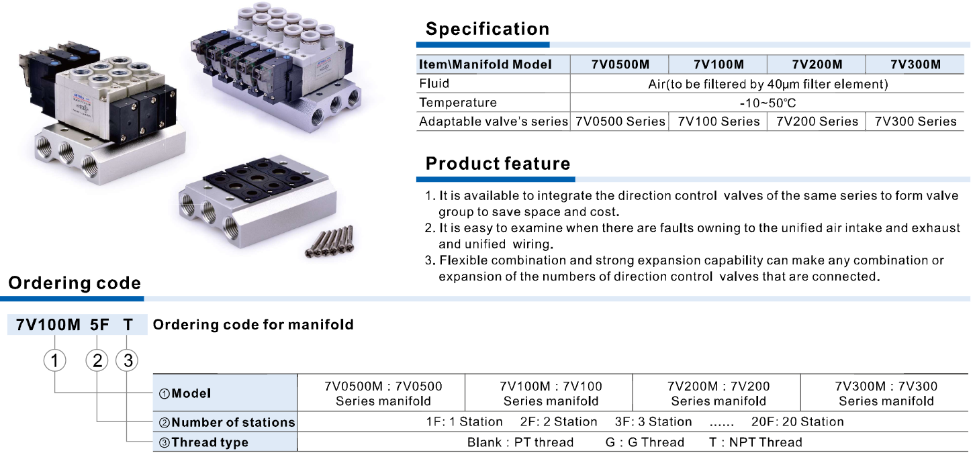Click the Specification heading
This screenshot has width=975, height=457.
tap(487, 29)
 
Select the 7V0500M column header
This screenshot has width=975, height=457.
tap(620, 64)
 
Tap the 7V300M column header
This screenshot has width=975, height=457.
tap(915, 64)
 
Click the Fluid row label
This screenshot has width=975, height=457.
tap(434, 83)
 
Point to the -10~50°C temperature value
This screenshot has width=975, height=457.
tap(768, 103)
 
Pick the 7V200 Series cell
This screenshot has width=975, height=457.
tap(817, 121)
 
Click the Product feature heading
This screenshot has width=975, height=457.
tap(498, 164)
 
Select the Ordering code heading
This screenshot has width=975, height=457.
tap(75, 283)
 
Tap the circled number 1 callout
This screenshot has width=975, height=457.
tap(55, 360)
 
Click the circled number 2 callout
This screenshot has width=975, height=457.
tap(97, 360)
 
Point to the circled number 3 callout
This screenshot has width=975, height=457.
tap(127, 360)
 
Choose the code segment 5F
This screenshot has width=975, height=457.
tap(99, 325)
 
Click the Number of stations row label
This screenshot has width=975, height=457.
tap(227, 422)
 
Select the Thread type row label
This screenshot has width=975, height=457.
tap(203, 442)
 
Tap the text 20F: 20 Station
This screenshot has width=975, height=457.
tap(798, 422)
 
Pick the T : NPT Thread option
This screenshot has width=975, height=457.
tap(755, 442)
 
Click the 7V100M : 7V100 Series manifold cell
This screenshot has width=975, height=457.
tap(551, 393)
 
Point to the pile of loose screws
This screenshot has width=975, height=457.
tap(330, 242)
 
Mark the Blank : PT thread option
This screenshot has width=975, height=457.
tap(520, 442)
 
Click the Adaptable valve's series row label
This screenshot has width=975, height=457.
tap(493, 121)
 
